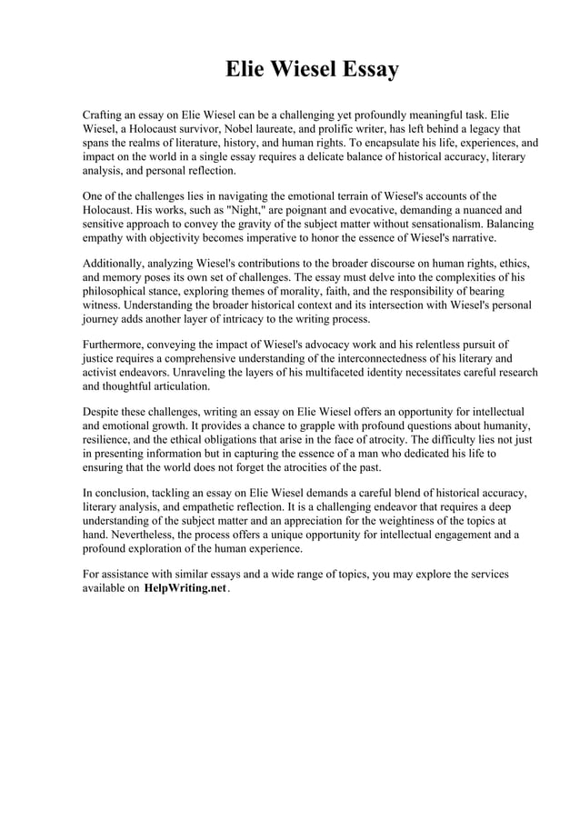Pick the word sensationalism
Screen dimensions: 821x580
(422, 224)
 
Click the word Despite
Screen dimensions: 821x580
(103, 412)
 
